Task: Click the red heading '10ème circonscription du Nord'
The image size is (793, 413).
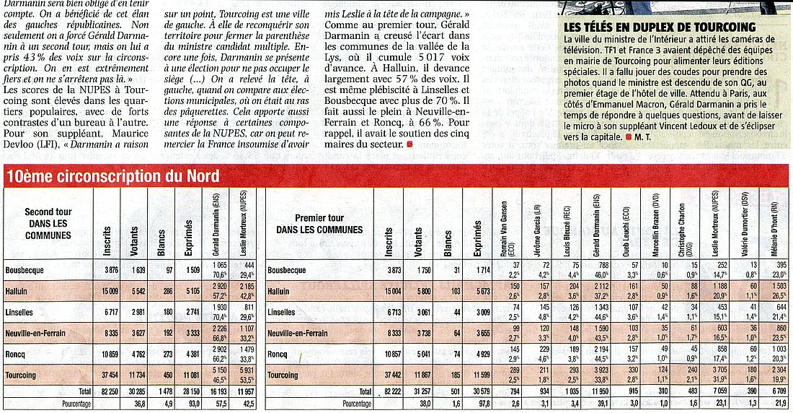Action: (112, 177)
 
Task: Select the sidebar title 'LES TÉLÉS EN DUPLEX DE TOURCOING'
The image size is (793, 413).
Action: (660, 27)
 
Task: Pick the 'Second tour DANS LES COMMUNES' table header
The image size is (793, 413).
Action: (48, 223)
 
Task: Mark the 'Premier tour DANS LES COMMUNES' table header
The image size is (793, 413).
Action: (319, 223)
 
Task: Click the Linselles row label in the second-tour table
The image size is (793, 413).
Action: (21, 312)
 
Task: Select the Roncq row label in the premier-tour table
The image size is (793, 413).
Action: (278, 355)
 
